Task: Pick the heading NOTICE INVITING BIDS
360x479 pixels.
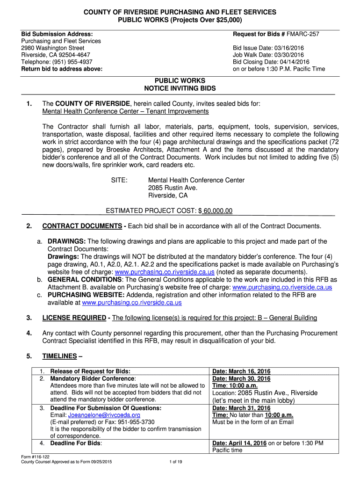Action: (x=180, y=88)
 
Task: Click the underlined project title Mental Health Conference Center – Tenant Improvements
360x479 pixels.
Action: (x=125, y=111)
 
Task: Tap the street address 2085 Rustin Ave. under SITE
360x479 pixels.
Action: (x=173, y=188)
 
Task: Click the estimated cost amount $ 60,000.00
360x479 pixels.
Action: (x=216, y=211)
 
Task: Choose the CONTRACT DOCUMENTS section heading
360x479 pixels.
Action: (x=82, y=226)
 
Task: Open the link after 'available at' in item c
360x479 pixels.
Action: (x=132, y=303)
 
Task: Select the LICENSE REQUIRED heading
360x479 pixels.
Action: (x=74, y=318)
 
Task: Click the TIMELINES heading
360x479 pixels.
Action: (x=59, y=356)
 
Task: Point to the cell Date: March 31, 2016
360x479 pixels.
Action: (x=241, y=408)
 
